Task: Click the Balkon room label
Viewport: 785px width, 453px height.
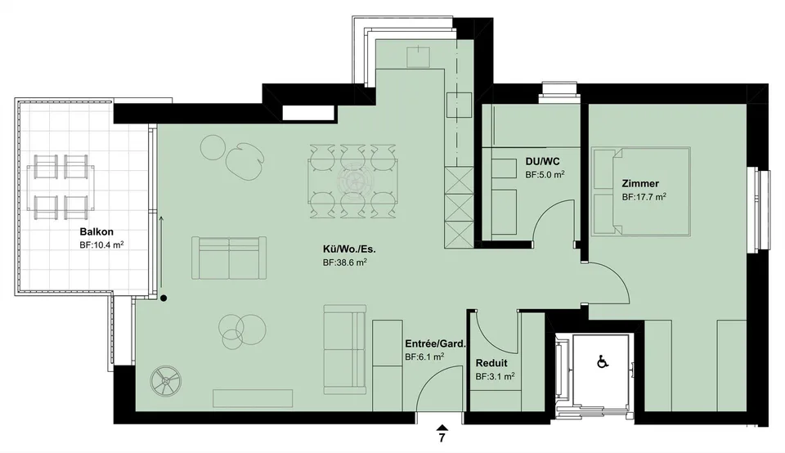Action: (96, 231)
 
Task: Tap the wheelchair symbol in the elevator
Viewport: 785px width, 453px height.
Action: (603, 361)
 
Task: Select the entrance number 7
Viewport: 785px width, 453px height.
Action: (442, 438)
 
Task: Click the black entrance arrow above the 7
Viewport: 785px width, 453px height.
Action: (442, 427)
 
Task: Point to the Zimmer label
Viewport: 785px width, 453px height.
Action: (640, 184)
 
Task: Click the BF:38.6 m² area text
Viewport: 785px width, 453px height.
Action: (345, 262)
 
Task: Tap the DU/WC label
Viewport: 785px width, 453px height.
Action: (543, 162)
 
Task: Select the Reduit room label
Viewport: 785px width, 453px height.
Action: (491, 363)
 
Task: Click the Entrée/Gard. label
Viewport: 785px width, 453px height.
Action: (436, 344)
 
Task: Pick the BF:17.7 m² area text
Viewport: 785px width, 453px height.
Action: (644, 197)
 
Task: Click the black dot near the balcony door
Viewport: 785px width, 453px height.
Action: (164, 298)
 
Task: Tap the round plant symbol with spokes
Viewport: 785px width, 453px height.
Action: (166, 381)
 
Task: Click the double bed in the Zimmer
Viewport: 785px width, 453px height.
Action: (641, 191)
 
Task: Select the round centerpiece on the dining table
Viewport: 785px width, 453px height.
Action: (353, 182)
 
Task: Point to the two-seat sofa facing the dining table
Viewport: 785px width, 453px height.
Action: (229, 258)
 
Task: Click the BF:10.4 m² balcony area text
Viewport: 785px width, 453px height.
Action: (101, 245)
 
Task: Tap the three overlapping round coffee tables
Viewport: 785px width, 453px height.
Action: (242, 329)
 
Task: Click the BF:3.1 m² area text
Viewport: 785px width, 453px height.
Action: (496, 376)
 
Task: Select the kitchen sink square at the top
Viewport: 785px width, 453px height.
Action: (418, 56)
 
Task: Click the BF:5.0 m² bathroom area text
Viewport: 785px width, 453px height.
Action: (545, 175)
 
